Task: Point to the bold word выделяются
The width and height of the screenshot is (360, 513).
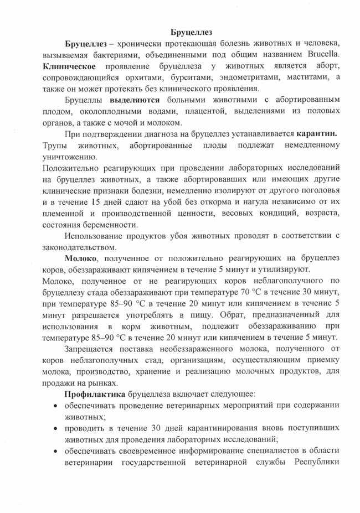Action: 135,101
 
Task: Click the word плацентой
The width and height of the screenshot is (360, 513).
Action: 184,112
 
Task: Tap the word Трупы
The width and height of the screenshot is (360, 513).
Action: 54,147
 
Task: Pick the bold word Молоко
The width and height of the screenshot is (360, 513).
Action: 83,259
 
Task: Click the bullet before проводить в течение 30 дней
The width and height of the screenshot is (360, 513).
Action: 56,429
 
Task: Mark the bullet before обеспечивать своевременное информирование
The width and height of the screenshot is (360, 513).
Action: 56,452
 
